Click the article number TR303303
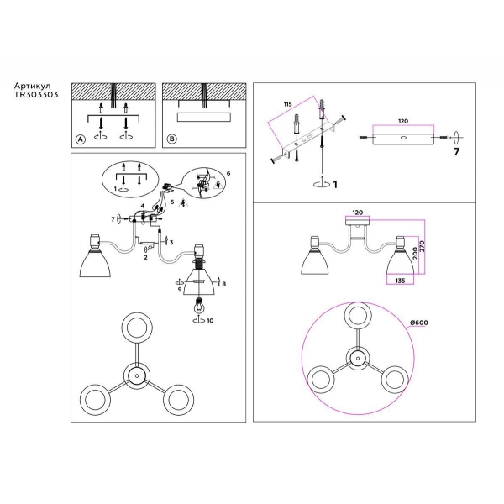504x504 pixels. (36, 94)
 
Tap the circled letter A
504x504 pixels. (81, 139)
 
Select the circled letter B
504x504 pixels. (172, 139)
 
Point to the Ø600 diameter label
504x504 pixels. (419, 323)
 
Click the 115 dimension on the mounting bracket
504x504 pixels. (287, 104)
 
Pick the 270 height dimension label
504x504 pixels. (422, 246)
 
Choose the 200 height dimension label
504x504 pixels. (415, 254)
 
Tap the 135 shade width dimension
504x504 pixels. (400, 281)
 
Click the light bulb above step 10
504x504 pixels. (199, 306)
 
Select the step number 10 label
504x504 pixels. (210, 321)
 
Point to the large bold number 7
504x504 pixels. (456, 151)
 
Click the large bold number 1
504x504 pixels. (335, 184)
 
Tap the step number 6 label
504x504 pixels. (228, 173)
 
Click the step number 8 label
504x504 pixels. (223, 284)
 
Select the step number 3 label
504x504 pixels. (171, 242)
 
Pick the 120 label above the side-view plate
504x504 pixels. (402, 121)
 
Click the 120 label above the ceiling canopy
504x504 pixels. (358, 213)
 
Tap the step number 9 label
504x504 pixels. (180, 289)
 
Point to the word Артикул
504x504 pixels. (32, 87)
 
